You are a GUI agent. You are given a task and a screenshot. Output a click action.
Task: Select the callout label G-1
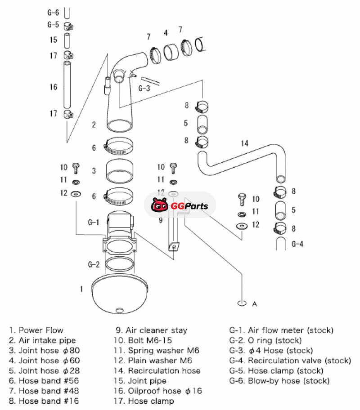pos(93,222)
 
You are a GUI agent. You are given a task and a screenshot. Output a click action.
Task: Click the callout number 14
pos(244,143)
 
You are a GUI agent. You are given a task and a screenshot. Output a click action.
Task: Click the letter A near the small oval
pos(254,304)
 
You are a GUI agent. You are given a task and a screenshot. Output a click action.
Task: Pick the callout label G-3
pos(144,88)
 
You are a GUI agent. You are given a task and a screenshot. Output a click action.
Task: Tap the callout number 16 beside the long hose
pos(54,87)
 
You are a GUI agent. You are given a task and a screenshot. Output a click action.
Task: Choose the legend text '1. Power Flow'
pos(36,330)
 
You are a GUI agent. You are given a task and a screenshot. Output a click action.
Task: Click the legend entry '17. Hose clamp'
pos(145,401)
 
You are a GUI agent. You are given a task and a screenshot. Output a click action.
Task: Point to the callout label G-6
pos(53,13)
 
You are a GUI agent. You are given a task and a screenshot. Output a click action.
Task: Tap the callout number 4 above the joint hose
pos(166,33)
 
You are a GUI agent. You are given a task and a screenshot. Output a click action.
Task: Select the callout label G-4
pos(298,244)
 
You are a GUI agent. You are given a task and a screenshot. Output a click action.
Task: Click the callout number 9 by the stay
pos(160,220)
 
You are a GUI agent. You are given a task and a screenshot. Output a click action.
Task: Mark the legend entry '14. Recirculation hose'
pos(158,371)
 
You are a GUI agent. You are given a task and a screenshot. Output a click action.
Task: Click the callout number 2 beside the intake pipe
pos(94,125)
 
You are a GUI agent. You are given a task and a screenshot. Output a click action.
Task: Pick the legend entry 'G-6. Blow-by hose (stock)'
pos(279,381)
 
